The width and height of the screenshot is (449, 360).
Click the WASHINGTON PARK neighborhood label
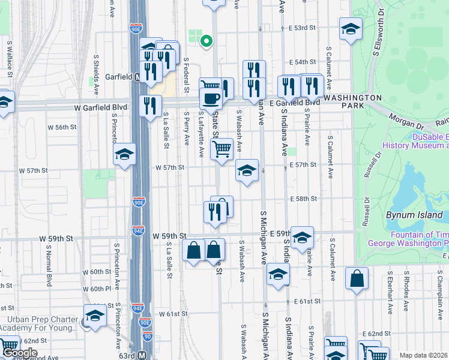[x=352, y=102]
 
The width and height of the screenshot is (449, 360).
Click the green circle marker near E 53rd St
[x=206, y=41]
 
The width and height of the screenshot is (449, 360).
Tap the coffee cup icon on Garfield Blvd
[x=211, y=98]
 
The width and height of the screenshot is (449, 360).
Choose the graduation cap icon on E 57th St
[x=247, y=171]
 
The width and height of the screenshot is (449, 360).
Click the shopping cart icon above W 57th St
[x=221, y=149]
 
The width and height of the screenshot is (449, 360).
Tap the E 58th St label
[x=303, y=199]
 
